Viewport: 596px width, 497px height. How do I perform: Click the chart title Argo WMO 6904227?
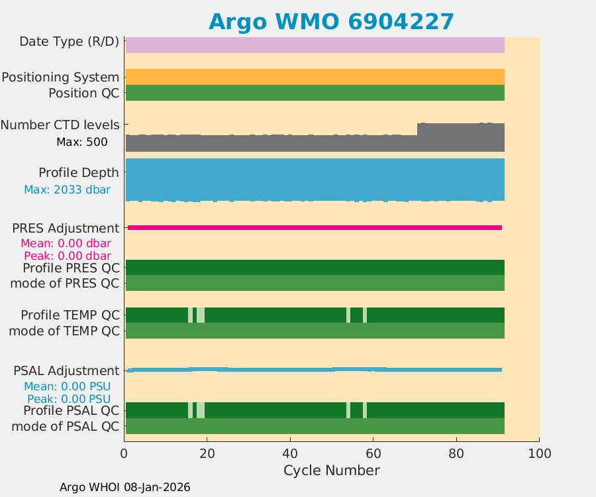[331, 21]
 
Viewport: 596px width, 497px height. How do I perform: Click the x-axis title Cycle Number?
[331, 470]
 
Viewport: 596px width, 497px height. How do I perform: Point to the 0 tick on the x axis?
[124, 454]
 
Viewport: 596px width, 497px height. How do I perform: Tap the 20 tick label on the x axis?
[207, 454]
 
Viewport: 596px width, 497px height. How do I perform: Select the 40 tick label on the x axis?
[290, 454]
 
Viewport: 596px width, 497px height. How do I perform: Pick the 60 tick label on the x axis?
[373, 454]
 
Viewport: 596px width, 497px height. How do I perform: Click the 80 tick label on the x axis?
[456, 454]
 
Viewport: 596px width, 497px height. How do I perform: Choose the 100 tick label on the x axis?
[539, 454]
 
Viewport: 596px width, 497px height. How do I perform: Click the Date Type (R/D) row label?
[70, 42]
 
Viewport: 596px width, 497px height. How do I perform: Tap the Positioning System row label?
[60, 77]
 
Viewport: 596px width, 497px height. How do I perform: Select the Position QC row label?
[84, 93]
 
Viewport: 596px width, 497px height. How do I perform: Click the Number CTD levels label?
[60, 125]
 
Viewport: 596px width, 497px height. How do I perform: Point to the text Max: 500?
[82, 142]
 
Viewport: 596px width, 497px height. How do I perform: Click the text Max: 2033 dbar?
[67, 190]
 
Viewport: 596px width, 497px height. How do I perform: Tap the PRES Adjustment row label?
[66, 228]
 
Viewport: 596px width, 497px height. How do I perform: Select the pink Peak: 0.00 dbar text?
[67, 256]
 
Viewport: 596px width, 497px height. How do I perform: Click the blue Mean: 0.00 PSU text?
[67, 386]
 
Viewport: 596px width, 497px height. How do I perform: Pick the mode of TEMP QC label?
[64, 331]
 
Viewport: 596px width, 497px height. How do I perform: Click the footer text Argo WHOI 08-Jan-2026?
[124, 487]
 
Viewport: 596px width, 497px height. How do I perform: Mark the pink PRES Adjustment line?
[315, 227]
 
